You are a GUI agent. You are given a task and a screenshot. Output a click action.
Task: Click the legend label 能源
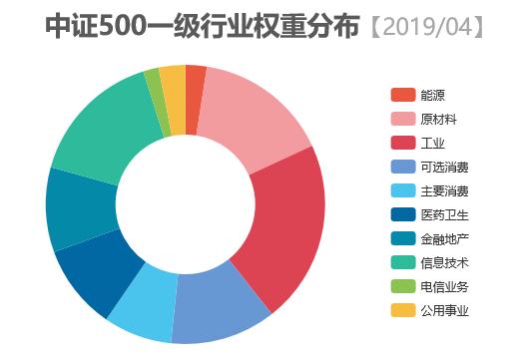[x=432, y=96]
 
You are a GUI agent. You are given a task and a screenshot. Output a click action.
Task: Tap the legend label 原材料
[x=438, y=120]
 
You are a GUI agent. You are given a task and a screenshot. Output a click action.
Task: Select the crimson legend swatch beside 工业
[x=402, y=143]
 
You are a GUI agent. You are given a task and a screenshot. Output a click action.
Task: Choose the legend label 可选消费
[x=444, y=167]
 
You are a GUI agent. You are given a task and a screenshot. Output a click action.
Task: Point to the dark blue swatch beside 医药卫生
[x=402, y=214]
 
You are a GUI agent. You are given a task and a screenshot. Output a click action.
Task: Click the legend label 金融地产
[x=444, y=238]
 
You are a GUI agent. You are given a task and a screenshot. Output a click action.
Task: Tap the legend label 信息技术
[x=444, y=262]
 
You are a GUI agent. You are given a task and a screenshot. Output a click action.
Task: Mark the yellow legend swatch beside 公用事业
[x=402, y=310]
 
